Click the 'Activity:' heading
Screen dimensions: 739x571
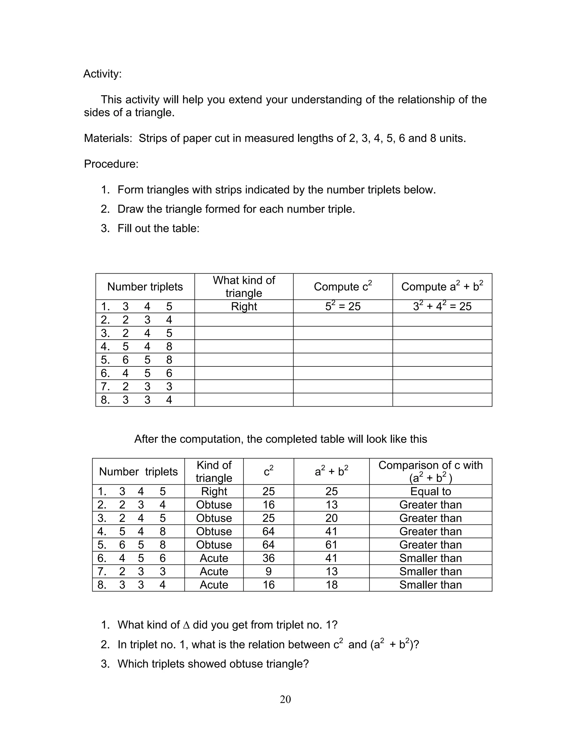coord(102,74)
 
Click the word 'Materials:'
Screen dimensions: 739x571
coord(108,138)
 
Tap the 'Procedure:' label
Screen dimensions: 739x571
coord(111,164)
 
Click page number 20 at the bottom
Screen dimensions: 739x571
coord(285,699)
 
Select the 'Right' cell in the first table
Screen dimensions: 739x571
coord(244,306)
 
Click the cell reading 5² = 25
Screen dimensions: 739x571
coord(343,306)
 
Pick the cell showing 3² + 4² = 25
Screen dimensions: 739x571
coord(442,306)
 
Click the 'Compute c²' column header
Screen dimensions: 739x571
coord(343,287)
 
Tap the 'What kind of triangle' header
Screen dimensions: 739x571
coord(244,286)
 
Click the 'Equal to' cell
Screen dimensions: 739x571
coord(430,491)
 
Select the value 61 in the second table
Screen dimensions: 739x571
coord(331,545)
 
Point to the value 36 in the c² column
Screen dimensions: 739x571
coord(268,558)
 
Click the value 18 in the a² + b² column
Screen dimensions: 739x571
coord(331,585)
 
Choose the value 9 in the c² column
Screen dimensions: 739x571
coord(268,571)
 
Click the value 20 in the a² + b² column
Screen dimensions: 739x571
coord(331,518)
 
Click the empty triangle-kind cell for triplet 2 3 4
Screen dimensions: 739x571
coord(244,320)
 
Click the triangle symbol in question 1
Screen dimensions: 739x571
coord(186,625)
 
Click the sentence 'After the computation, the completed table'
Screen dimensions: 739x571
coord(280,439)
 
